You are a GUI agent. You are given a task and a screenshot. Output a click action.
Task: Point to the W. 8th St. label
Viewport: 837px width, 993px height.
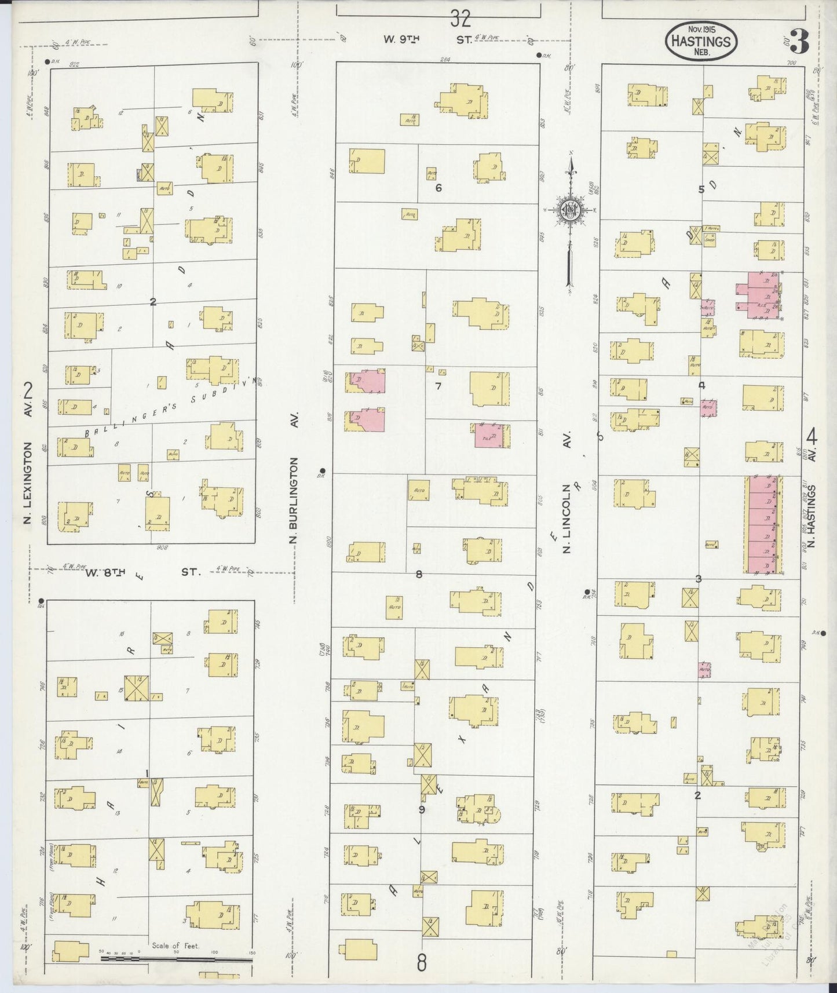coord(142,572)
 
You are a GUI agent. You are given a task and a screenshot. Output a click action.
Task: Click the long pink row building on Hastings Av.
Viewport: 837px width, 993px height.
coord(763,525)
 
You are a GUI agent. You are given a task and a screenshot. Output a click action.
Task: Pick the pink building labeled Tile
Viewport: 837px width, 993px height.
coord(490,436)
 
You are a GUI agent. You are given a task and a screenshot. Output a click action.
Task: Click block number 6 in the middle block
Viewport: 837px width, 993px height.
coord(438,188)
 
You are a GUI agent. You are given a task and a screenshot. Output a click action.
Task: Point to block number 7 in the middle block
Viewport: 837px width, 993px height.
coord(438,386)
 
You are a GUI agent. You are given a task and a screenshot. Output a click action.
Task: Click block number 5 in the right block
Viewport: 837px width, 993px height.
coord(701,189)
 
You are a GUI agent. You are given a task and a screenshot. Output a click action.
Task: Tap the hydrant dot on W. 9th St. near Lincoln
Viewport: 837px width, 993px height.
coord(539,56)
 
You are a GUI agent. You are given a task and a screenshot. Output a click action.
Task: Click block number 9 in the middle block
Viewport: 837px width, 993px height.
coord(422,809)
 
